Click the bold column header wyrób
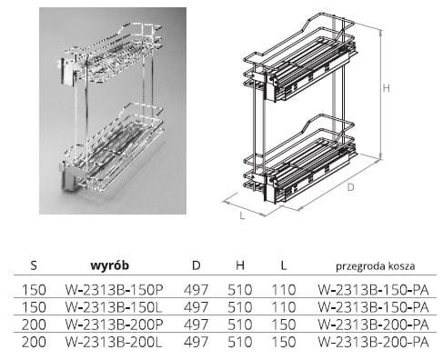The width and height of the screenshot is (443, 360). coord(109,265)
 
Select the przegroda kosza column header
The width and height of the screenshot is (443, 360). coord(376,266)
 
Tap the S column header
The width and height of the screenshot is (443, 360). coord(34,265)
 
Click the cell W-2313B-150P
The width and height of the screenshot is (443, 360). coord(115,290)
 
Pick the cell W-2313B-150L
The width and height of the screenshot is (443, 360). coord(114,307)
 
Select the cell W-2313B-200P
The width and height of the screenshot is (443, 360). coord(115,325)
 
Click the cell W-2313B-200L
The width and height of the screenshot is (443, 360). coord(114,343)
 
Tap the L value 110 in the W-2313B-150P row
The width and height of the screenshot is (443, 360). coord(284,290)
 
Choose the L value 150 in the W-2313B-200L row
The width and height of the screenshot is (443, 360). coord(284,343)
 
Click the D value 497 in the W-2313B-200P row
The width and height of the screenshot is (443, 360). coord(196,325)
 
